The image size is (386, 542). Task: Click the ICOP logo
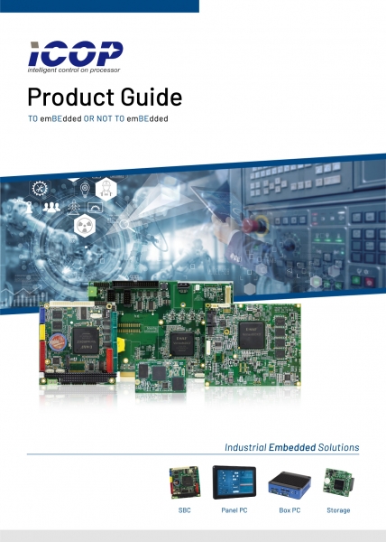pos(75,57)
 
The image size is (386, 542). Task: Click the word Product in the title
pos(71,98)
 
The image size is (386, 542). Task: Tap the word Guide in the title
pos(152,97)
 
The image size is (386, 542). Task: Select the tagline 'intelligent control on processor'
pos(74,70)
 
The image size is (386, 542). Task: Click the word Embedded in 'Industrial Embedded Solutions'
pos(292,447)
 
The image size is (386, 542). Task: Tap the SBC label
pos(185,510)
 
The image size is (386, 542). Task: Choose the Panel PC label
pos(234,510)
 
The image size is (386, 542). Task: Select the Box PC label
pos(289,510)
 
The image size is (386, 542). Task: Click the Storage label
pos(338,510)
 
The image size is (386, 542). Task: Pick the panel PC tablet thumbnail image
pos(234,482)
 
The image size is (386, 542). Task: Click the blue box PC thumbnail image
pos(289,483)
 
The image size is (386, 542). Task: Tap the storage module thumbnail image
pos(338,482)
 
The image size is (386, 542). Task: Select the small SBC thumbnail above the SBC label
pos(185,482)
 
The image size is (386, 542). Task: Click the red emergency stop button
pos(255,225)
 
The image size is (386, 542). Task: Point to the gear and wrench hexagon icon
pos(40,189)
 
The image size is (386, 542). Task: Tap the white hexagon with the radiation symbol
pos(84,226)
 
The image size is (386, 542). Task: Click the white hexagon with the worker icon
pos(106,189)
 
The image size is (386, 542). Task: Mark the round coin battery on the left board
pos(58,342)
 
